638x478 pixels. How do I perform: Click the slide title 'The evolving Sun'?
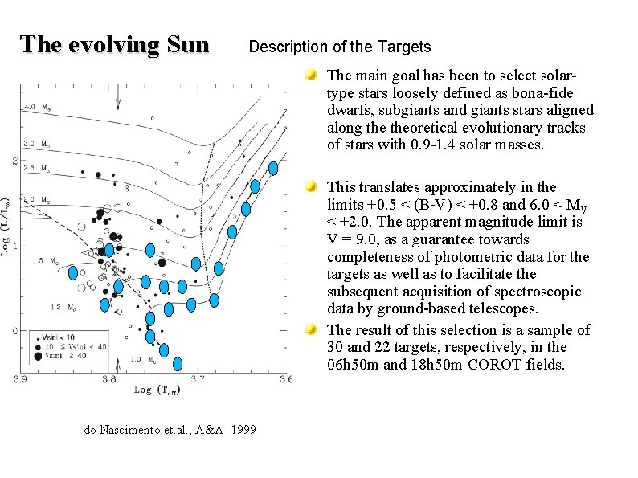(114, 44)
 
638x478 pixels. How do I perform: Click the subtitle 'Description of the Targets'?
(340, 47)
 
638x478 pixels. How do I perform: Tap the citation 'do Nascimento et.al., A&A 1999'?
(170, 430)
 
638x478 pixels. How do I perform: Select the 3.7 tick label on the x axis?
(198, 378)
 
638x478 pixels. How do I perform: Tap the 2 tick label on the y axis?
(14, 161)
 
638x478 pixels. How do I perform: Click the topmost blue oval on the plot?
(273, 169)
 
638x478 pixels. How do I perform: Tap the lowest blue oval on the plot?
(178, 363)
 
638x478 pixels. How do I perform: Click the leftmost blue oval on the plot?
(73, 273)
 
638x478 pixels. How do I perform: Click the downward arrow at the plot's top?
(119, 97)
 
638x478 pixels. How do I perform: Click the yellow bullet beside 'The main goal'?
(311, 76)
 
